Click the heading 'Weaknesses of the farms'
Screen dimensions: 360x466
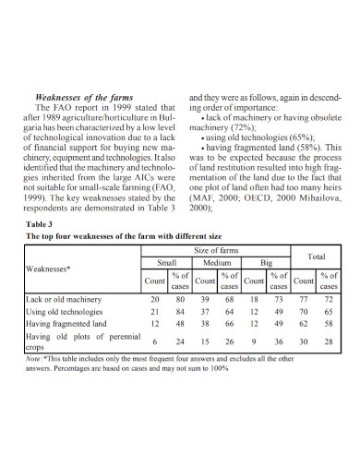pyautogui.click(x=84, y=97)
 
